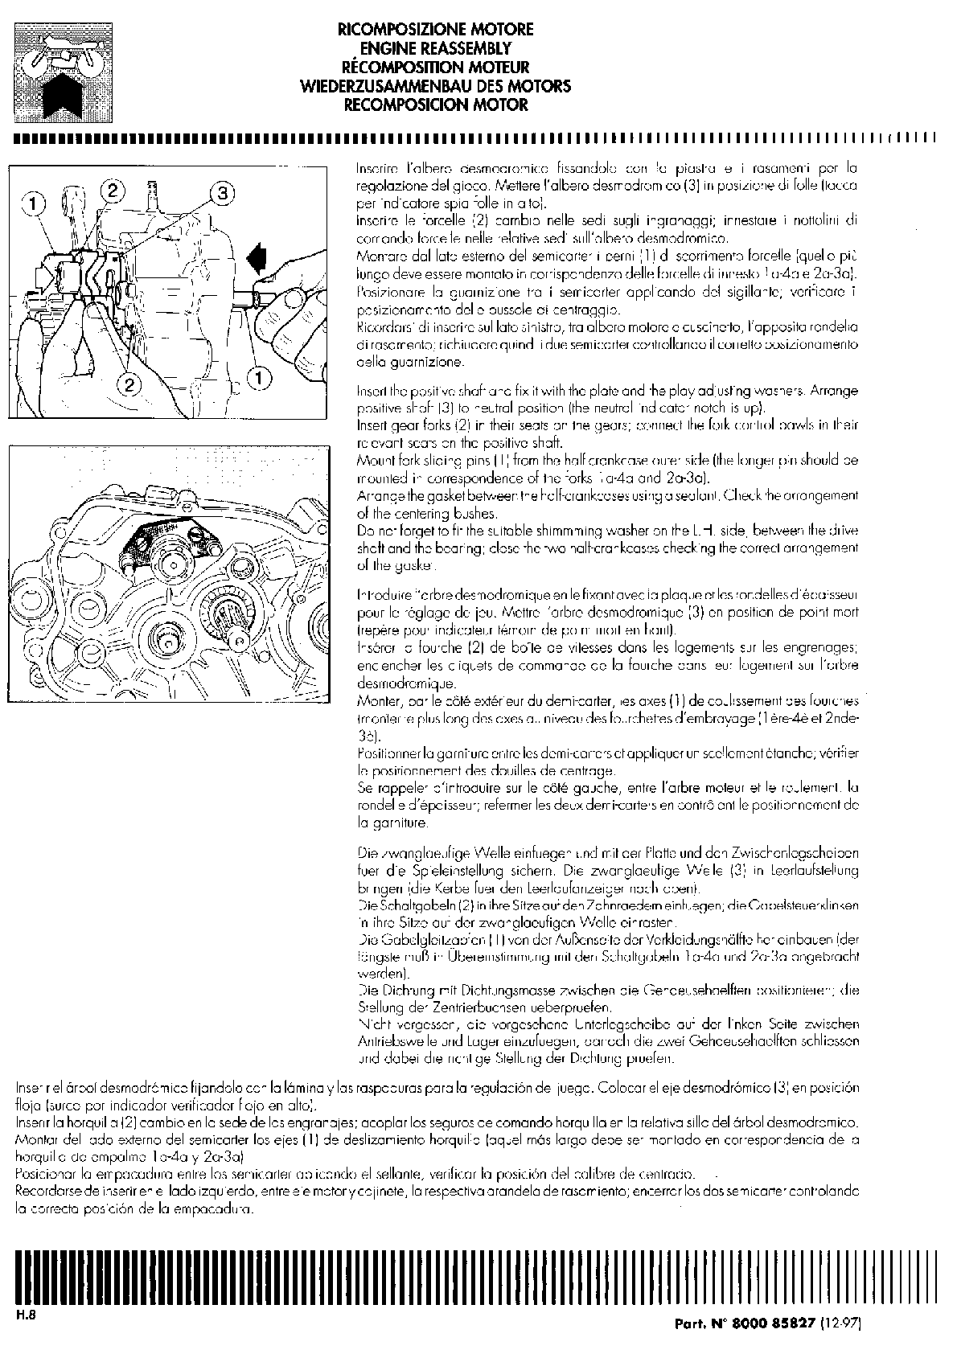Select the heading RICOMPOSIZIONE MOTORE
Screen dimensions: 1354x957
click(435, 30)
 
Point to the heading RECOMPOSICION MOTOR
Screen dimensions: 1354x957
click(435, 105)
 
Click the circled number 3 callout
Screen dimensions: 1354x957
click(223, 193)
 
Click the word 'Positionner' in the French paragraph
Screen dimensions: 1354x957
click(385, 753)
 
